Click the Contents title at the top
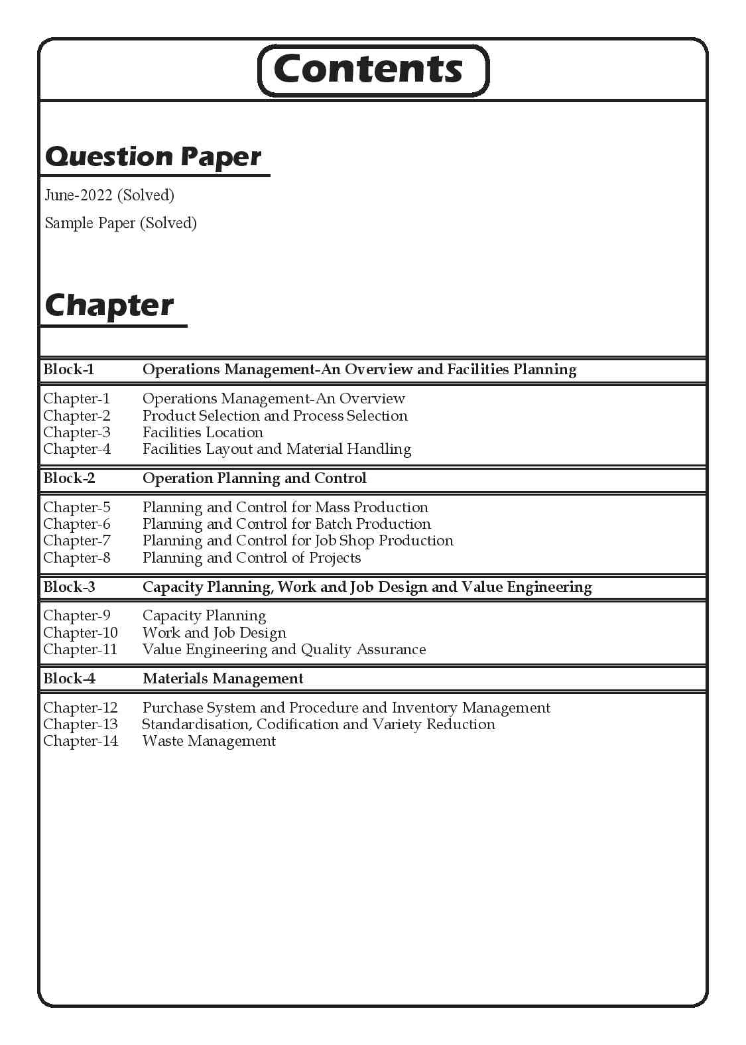click(368, 70)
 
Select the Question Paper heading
click(153, 157)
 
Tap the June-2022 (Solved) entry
click(109, 195)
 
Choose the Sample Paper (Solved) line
click(121, 223)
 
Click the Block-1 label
click(69, 370)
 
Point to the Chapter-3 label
click(77, 433)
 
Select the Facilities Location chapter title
click(203, 433)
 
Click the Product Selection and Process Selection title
click(275, 416)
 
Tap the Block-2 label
click(69, 478)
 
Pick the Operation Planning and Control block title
click(255, 478)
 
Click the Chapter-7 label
click(77, 541)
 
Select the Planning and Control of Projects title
click(252, 558)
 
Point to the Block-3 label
click(69, 587)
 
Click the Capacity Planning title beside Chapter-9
click(204, 616)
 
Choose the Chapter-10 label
click(80, 633)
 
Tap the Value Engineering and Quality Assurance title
click(284, 650)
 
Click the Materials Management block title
click(223, 679)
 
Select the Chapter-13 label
click(80, 725)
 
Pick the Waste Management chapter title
click(209, 741)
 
